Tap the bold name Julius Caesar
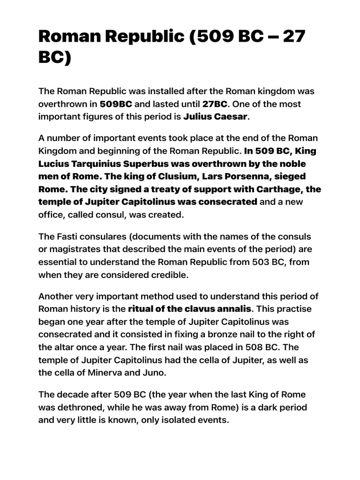(x=215, y=116)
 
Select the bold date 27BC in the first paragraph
(x=215, y=104)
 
